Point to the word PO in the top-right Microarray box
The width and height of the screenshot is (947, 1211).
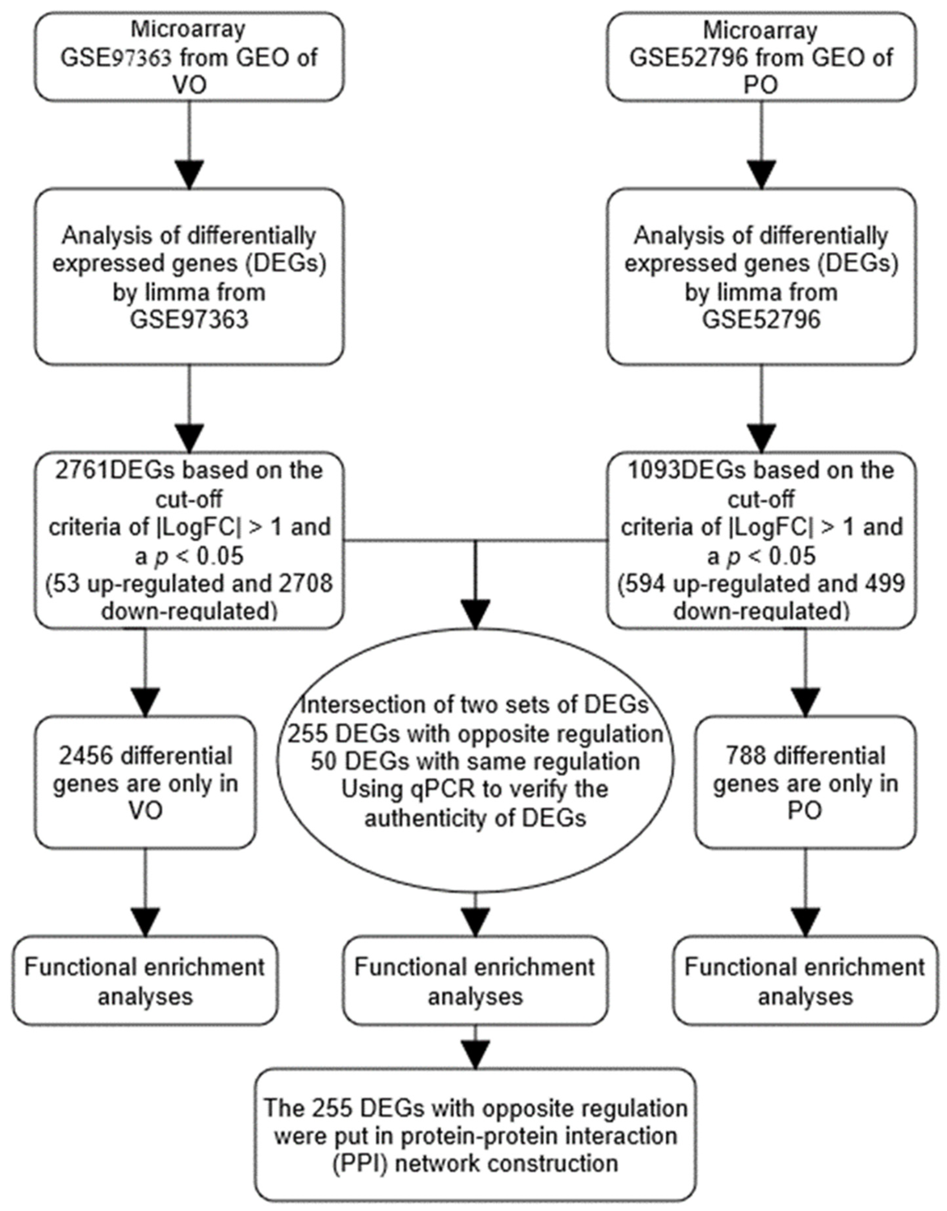tap(761, 85)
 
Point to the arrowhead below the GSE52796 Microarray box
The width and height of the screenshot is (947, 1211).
tap(761, 174)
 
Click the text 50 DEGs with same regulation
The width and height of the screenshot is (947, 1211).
tap(475, 761)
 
